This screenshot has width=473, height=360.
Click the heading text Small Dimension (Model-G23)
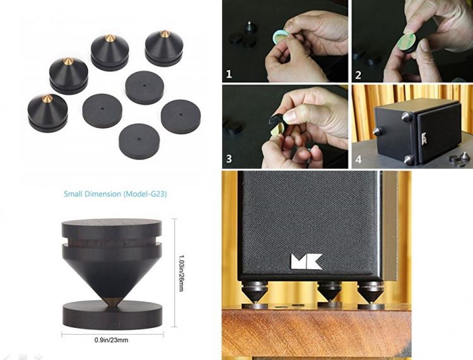click(115, 194)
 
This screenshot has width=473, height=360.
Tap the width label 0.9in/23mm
click(111, 340)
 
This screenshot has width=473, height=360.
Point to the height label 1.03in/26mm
click(181, 273)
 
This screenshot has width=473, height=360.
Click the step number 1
click(229, 74)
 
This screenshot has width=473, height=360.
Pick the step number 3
click(229, 159)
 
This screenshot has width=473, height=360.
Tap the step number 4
click(358, 160)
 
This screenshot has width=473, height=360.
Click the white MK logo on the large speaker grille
click(307, 262)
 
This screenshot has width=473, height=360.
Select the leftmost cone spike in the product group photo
click(48, 113)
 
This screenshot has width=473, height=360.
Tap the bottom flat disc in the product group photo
click(139, 140)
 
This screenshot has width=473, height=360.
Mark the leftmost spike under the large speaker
click(255, 293)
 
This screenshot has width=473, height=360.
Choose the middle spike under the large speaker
click(330, 292)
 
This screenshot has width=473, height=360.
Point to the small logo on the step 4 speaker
click(424, 138)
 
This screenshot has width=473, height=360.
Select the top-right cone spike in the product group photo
click(164, 49)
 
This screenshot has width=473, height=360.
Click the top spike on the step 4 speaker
click(406, 117)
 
